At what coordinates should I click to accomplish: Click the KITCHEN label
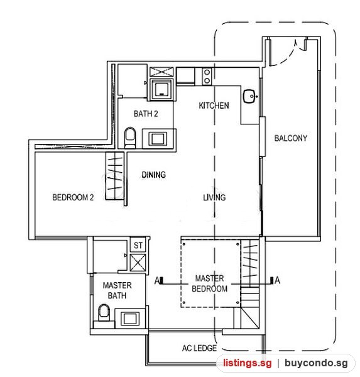click(x=214, y=106)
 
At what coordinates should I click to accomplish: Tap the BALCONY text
click(x=291, y=138)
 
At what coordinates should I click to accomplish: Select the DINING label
click(x=154, y=175)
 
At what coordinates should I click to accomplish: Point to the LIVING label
click(x=214, y=197)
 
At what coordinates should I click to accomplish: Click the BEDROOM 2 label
click(x=73, y=197)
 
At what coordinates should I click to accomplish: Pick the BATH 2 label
click(x=146, y=114)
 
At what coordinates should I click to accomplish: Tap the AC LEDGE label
click(x=199, y=348)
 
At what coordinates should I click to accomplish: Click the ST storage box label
click(x=138, y=246)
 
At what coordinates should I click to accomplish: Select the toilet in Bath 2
click(x=130, y=138)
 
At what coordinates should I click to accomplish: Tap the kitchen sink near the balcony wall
click(x=250, y=96)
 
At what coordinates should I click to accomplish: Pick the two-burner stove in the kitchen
click(x=207, y=77)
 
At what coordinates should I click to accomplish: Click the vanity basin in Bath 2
click(x=158, y=139)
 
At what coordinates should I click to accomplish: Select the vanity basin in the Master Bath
click(x=130, y=319)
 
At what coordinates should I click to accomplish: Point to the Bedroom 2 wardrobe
click(x=115, y=176)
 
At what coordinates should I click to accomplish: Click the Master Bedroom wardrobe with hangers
click(x=250, y=263)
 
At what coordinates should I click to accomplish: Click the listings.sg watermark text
click(x=248, y=363)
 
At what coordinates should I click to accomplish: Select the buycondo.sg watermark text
click(x=316, y=363)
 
